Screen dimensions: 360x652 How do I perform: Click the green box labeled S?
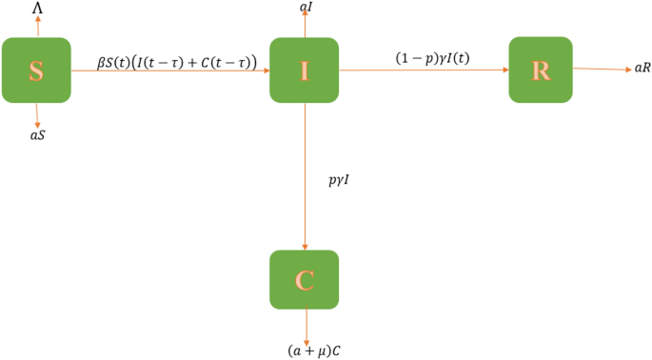(x=36, y=70)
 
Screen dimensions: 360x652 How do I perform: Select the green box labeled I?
(x=304, y=70)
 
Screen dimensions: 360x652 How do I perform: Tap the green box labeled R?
(x=541, y=69)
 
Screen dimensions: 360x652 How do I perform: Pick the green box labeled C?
(x=304, y=281)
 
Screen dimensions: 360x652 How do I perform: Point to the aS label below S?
(x=38, y=135)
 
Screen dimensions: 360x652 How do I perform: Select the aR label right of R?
(x=642, y=70)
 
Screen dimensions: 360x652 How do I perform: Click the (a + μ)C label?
(x=315, y=350)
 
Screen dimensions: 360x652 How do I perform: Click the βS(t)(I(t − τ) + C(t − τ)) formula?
(x=176, y=62)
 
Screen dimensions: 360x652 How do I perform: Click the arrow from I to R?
(x=424, y=70)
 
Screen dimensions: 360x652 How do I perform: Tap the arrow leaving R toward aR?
(x=600, y=69)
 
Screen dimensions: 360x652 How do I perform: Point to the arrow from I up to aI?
(x=304, y=26)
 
